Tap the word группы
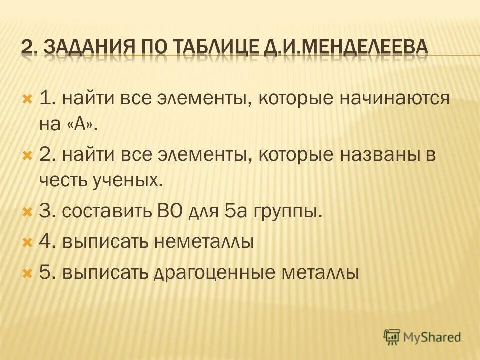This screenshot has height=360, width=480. (288, 212)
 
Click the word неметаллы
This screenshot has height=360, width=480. (203, 242)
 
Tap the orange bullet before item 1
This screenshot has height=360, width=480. (27, 98)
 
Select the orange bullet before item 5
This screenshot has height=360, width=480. (27, 273)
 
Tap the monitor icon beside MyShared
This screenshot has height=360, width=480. (393, 336)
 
